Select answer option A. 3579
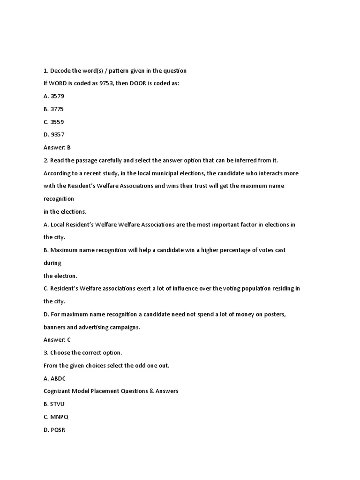pyautogui.click(x=54, y=96)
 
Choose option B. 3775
pyautogui.click(x=53, y=109)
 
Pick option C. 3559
pyautogui.click(x=53, y=122)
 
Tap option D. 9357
pyautogui.click(x=54, y=135)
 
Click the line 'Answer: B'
pyautogui.click(x=57, y=147)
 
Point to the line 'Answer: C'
pyautogui.click(x=57, y=340)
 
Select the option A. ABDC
pyautogui.click(x=55, y=378)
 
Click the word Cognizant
pyautogui.click(x=58, y=391)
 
